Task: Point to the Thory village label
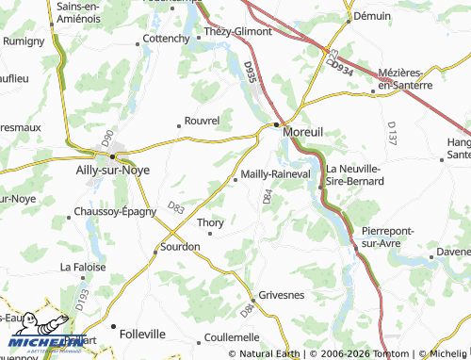coord(210,222)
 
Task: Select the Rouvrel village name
coord(203,121)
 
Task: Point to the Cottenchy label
coord(165,39)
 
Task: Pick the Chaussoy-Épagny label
coord(114,211)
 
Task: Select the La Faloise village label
coord(82,267)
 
